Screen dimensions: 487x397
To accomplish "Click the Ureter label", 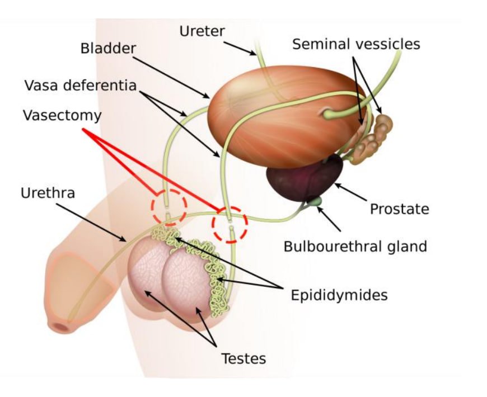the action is coord(202,31).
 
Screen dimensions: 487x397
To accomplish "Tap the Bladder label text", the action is coord(108,49).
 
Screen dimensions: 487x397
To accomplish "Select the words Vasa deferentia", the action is coord(81,86).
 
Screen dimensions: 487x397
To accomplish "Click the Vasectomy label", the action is coord(62,115).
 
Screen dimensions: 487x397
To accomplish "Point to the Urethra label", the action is coord(48,193).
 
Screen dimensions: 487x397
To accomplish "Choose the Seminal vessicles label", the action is coord(356,44).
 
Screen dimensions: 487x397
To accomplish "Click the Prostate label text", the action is coord(400,209).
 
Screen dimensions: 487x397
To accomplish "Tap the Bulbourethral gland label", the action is coord(355,247).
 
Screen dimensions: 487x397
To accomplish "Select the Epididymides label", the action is coord(339,295).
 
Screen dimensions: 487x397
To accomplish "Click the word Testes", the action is coord(243,358).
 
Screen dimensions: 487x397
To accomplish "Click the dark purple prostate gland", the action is coord(305,178).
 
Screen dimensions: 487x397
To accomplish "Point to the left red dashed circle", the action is coord(152,207).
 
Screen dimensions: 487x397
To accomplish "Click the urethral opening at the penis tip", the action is coord(60,328).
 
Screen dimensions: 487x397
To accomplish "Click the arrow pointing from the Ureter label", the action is coord(240,49).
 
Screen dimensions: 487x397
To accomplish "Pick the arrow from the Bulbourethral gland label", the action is coord(329,219).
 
